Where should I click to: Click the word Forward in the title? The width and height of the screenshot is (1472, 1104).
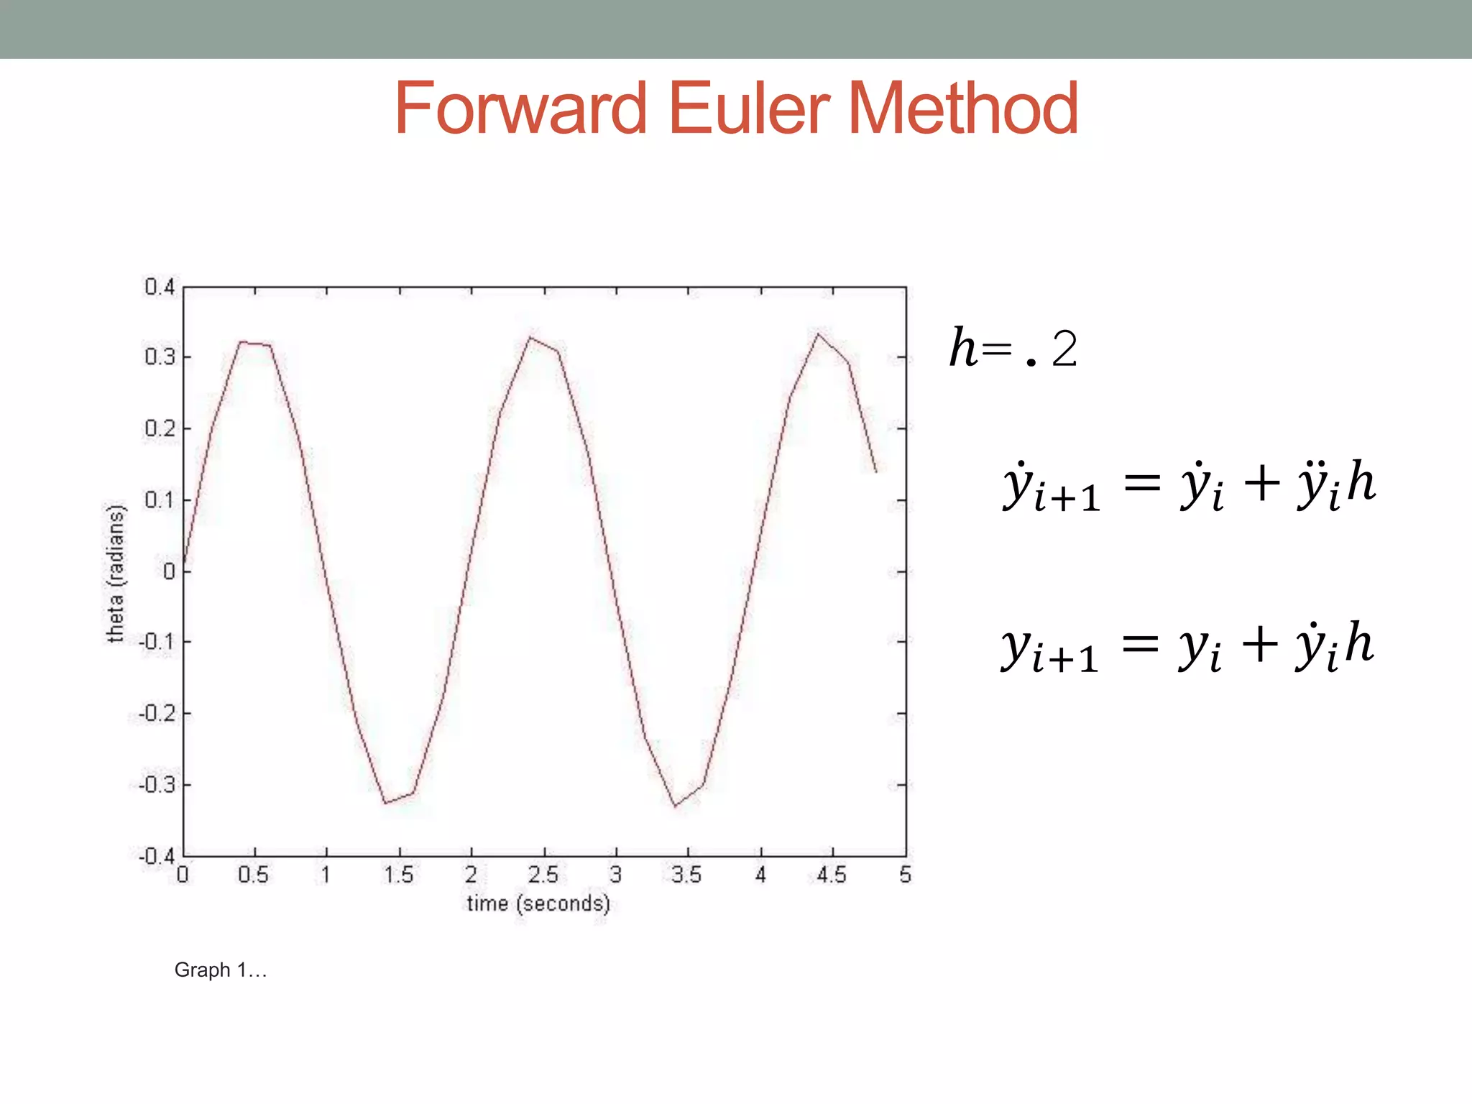520,109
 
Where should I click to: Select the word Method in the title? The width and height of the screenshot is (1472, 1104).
963,109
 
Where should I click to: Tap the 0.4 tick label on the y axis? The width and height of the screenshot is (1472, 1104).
160,287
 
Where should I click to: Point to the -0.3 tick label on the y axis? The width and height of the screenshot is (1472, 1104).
157,784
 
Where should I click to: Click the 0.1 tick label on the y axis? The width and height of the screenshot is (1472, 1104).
160,500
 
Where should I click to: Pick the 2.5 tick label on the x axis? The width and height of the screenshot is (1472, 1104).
543,875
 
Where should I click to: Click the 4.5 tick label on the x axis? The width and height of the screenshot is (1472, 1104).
832,875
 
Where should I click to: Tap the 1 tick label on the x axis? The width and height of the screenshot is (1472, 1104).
326,875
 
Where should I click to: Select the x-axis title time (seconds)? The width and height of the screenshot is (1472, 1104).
538,903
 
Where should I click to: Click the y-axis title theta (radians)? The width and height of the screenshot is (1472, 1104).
115,573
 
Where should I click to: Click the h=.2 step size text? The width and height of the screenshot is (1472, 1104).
1013,349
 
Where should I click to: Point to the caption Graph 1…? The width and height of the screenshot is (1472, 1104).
221,970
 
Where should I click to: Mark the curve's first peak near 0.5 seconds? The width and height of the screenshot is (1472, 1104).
241,341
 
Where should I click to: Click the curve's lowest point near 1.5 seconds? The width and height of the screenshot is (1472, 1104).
385,803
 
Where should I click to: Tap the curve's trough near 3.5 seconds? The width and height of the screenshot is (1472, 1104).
675,806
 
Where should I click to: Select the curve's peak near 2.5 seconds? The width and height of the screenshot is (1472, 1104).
530,337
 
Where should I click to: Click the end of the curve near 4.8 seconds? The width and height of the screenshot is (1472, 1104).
876,471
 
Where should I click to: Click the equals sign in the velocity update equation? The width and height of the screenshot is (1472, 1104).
1142,482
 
